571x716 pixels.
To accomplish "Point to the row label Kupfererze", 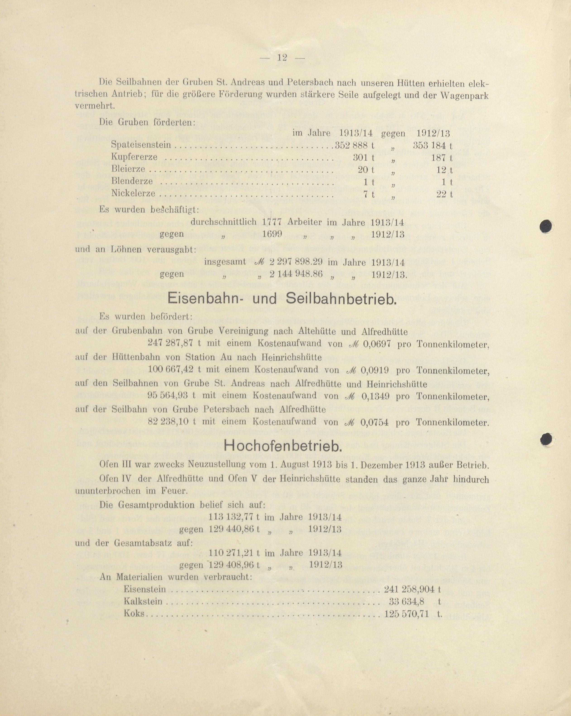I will (x=134, y=157).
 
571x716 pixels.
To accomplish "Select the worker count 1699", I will (x=272, y=234).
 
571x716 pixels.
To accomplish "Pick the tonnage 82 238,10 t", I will (x=172, y=422).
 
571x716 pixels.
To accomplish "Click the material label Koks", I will (x=134, y=613).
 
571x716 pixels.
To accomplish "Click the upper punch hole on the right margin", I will (x=546, y=227).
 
